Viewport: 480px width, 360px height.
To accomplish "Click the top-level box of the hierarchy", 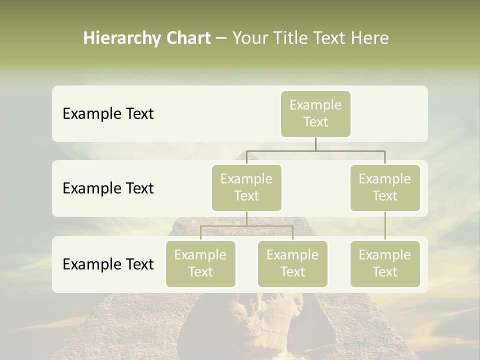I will point(315,113).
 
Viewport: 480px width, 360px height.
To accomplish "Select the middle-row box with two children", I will point(246,187).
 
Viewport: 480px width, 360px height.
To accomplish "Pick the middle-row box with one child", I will point(384,187).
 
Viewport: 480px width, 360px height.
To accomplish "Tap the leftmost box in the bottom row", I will point(200,263).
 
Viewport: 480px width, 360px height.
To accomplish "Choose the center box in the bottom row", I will point(292,263).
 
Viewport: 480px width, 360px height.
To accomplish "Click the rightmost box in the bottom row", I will point(384,263).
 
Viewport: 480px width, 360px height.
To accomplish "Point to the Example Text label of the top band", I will point(108,113).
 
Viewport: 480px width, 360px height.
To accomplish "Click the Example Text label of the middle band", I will point(108,188).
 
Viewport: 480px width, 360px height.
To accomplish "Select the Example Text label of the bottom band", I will point(108,264).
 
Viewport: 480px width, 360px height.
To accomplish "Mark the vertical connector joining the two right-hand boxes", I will point(384,226).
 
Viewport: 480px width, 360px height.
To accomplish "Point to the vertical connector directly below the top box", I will point(315,144).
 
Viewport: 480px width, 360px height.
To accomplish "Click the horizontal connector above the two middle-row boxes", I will point(315,150).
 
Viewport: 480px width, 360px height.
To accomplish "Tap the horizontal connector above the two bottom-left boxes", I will point(246,226).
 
